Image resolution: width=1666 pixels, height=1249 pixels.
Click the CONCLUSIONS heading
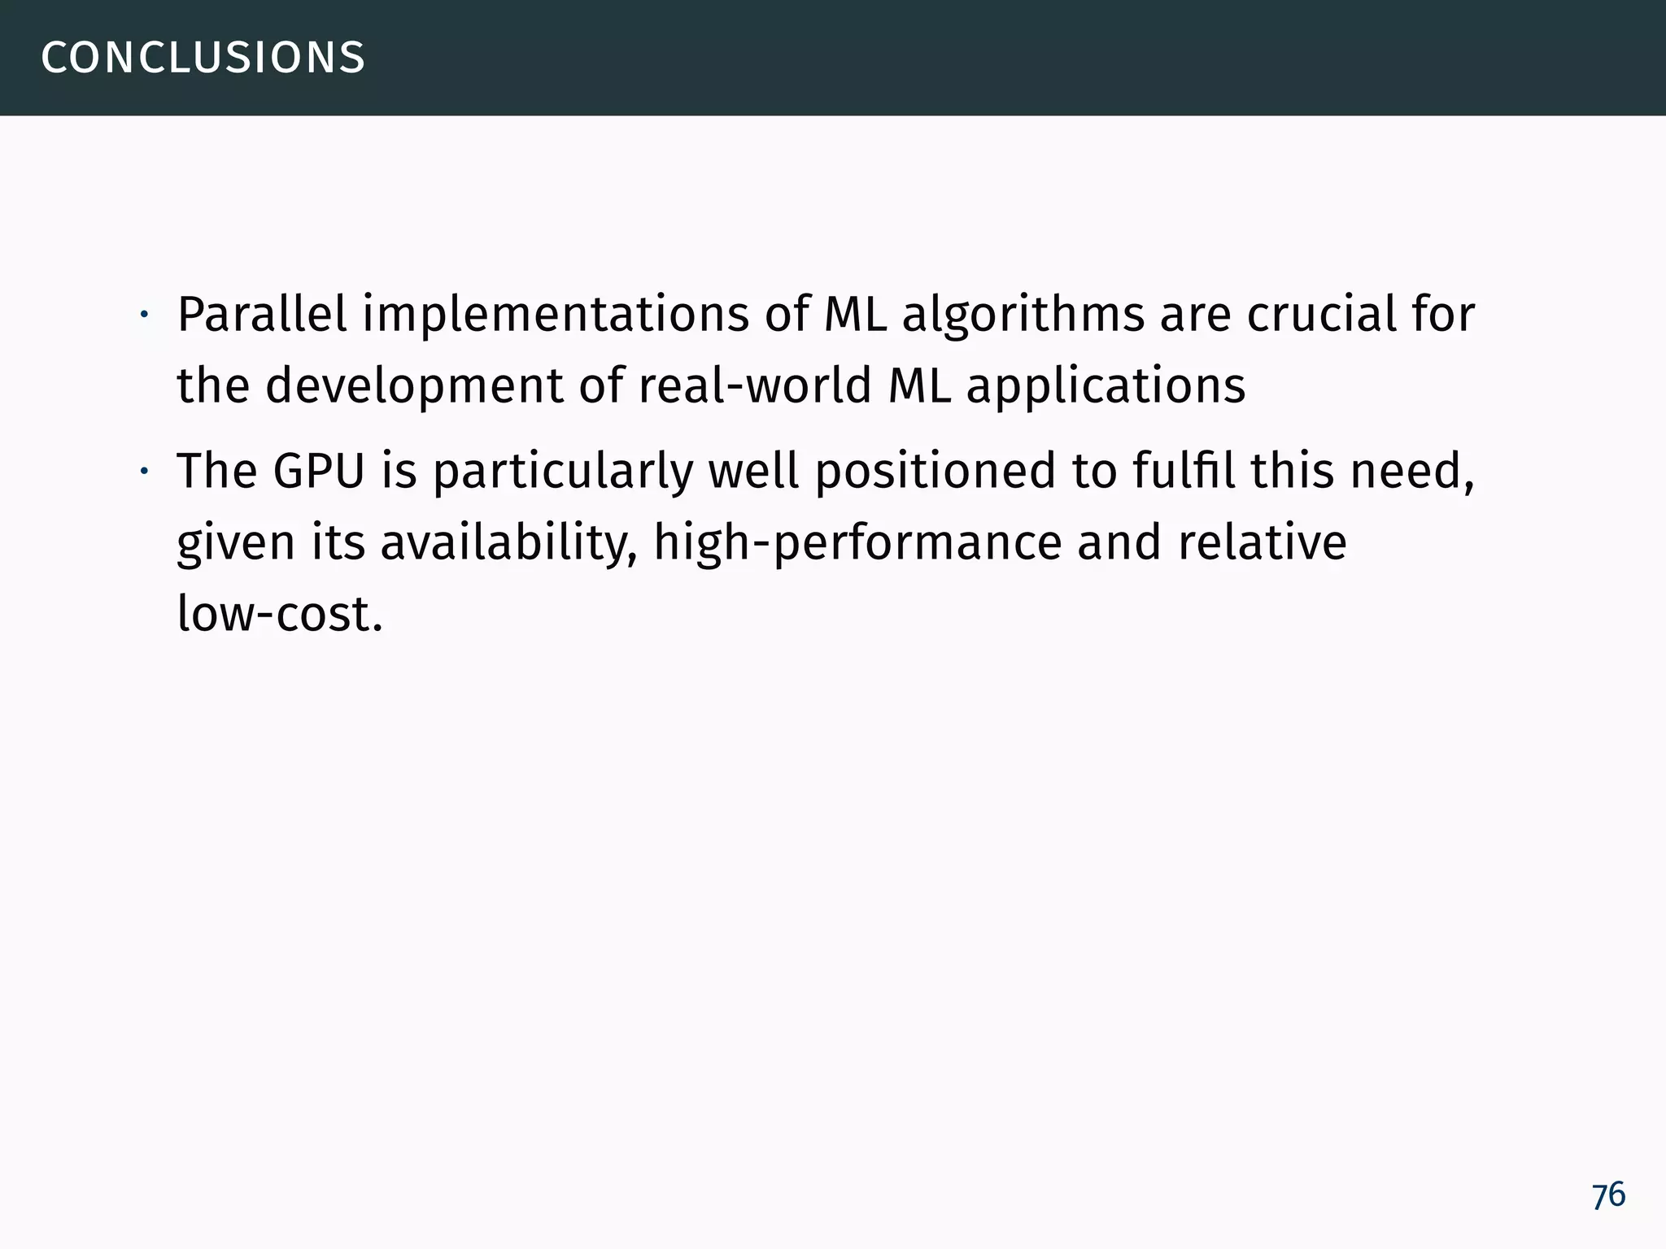tap(203, 58)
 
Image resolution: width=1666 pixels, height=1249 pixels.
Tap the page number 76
tap(1608, 1195)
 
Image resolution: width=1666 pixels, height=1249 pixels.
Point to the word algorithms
tap(1023, 316)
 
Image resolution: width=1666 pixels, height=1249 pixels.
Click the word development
tap(413, 386)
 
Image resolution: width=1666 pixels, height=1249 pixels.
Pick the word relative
tap(1261, 542)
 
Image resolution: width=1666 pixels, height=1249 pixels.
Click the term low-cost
tap(279, 614)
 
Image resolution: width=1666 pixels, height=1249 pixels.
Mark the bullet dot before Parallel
tap(142, 315)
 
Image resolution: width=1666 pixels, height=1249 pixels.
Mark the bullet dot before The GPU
tap(142, 472)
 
